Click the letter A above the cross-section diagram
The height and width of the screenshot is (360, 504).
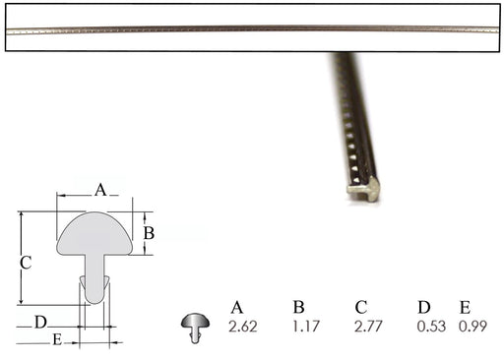click(x=100, y=190)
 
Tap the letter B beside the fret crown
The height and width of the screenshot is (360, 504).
click(x=149, y=233)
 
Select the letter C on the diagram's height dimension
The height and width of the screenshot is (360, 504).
click(x=26, y=263)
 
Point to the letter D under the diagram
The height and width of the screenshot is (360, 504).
click(x=41, y=323)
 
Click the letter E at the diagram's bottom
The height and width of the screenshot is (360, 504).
click(x=57, y=339)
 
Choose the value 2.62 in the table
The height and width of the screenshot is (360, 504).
click(x=243, y=327)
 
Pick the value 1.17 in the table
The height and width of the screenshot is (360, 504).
click(x=306, y=327)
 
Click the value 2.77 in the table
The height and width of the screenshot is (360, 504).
click(x=368, y=327)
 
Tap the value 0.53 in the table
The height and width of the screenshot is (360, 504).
click(x=431, y=327)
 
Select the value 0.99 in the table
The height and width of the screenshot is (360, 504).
click(x=472, y=327)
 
